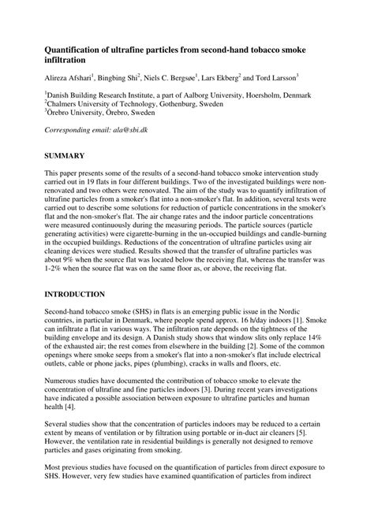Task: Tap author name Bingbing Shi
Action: (x=118, y=79)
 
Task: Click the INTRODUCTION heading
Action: (x=75, y=294)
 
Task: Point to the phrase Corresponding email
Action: (x=76, y=128)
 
